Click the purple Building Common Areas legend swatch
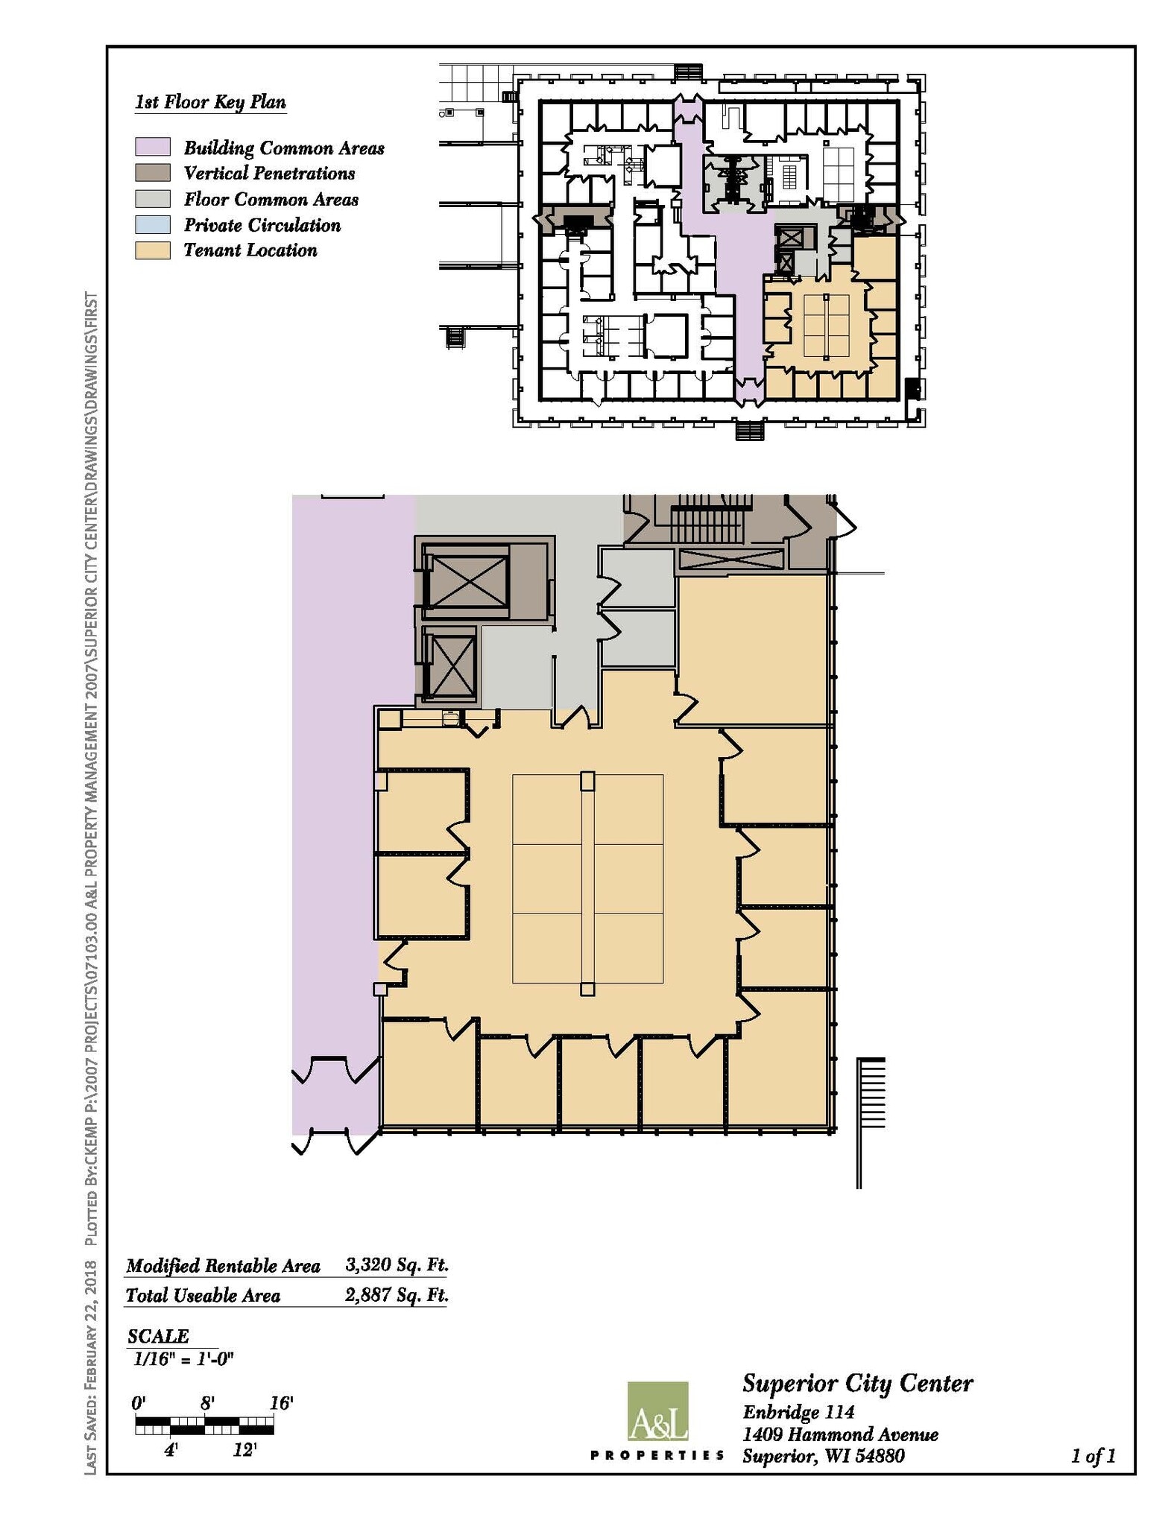tap(152, 147)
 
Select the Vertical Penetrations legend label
tap(269, 173)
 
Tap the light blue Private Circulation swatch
tap(152, 224)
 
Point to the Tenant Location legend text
tap(250, 250)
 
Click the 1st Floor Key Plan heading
tap(210, 102)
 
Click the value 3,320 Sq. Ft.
tap(397, 1264)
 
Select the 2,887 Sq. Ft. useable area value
tap(397, 1294)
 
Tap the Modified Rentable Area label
tap(223, 1265)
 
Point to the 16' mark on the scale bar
tap(281, 1403)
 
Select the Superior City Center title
tap(857, 1384)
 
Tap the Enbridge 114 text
tap(798, 1411)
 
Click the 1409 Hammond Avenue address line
tap(840, 1434)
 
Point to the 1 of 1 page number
tap(1093, 1455)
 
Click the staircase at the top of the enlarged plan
tap(708, 519)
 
